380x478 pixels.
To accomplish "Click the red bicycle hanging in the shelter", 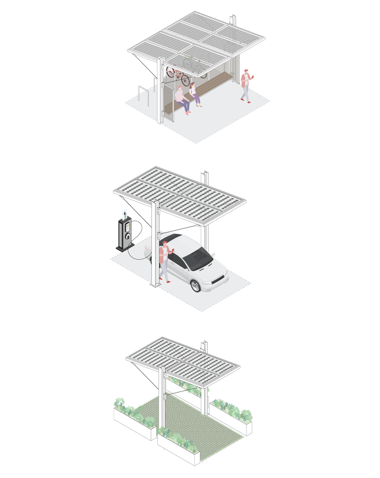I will (178, 76).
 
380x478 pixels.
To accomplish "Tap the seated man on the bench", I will (182, 98).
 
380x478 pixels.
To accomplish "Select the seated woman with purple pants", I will (195, 95).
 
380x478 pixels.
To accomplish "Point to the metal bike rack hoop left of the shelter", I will (141, 92).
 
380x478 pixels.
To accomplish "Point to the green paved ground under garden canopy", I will (196, 421).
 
